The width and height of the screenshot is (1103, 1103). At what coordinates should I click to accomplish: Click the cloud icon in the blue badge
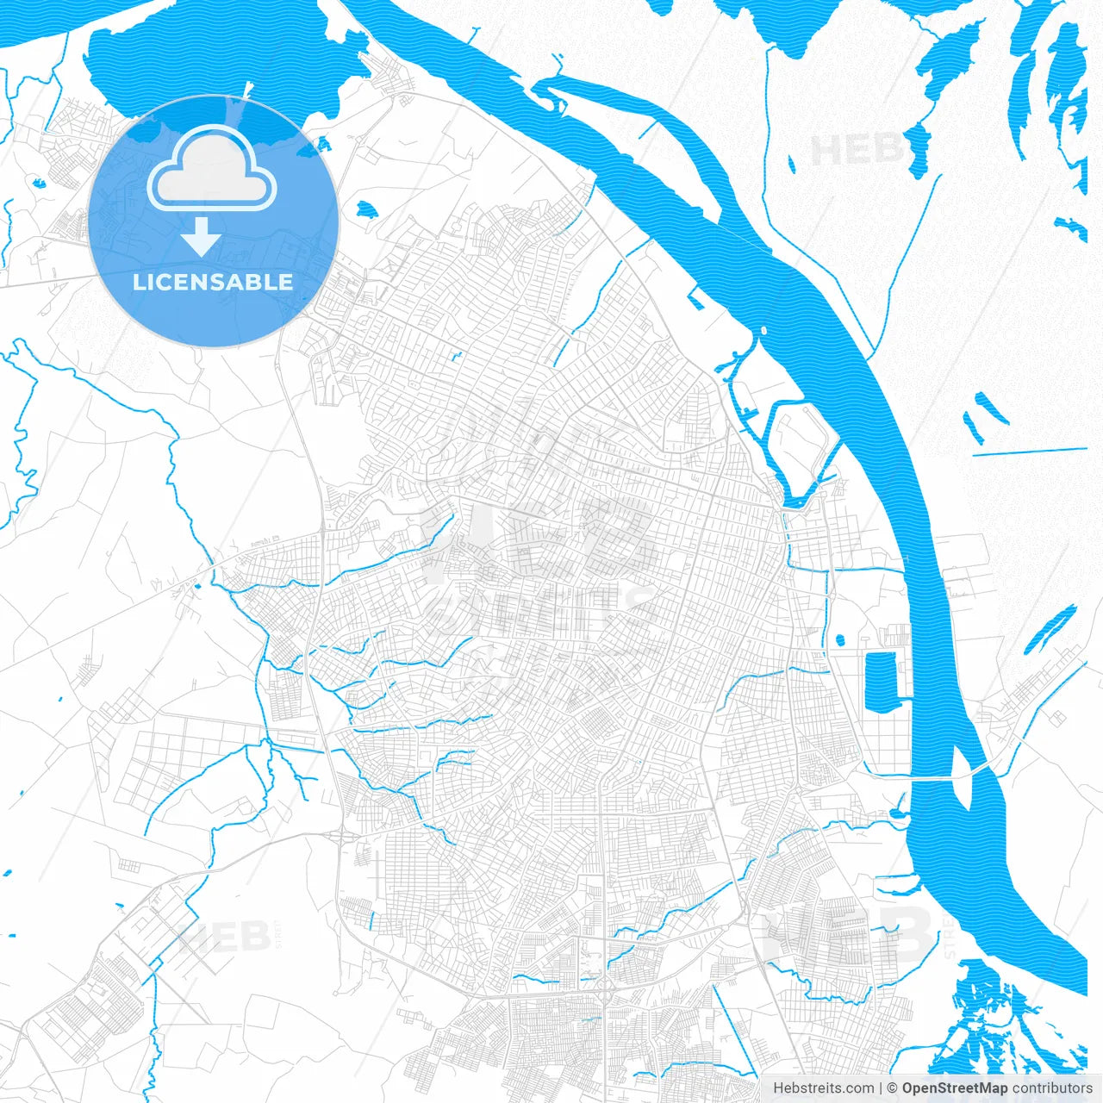(x=212, y=170)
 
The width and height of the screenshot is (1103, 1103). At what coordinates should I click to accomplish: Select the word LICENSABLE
(x=213, y=282)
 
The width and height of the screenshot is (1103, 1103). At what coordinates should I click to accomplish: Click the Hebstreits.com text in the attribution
(x=823, y=1088)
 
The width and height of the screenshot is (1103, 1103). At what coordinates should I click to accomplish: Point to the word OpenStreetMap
(x=955, y=1088)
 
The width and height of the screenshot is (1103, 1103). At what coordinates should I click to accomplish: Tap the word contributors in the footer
(x=1052, y=1088)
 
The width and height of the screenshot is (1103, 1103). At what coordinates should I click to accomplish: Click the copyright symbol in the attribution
(x=893, y=1088)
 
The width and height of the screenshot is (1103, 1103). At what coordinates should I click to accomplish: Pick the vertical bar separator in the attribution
(x=881, y=1088)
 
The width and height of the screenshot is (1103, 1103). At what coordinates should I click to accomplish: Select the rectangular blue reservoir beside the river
(x=881, y=681)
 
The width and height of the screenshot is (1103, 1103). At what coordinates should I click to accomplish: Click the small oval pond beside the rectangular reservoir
(x=839, y=640)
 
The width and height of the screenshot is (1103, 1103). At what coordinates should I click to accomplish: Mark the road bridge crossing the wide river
(x=948, y=776)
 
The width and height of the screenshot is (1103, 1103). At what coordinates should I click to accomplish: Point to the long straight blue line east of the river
(x=1030, y=451)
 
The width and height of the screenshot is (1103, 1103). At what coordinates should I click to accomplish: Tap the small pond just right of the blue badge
(x=365, y=209)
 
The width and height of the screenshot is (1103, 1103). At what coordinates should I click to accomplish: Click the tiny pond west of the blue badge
(x=38, y=183)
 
